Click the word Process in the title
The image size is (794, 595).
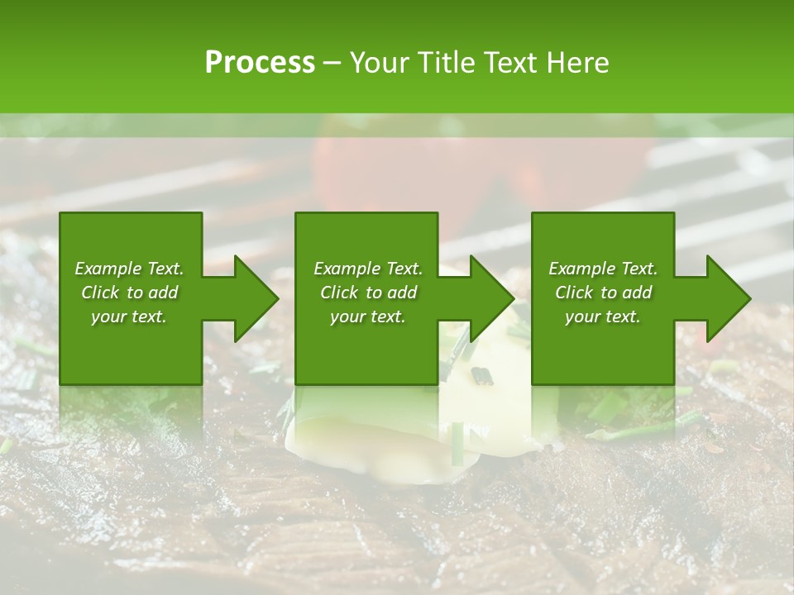(260, 63)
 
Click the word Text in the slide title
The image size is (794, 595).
(506, 63)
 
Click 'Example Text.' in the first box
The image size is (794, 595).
(129, 269)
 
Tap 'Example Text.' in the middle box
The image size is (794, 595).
(367, 269)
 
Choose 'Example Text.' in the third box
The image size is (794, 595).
(603, 269)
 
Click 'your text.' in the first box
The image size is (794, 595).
(129, 317)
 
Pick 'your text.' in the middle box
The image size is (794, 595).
(367, 317)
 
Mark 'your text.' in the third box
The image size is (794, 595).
(603, 317)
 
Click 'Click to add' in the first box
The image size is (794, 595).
(129, 293)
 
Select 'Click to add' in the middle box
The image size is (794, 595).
(367, 293)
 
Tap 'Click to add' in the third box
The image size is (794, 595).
(603, 293)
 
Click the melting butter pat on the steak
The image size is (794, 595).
(397, 438)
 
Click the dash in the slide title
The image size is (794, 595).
(332, 63)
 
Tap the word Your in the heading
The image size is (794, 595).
(378, 63)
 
